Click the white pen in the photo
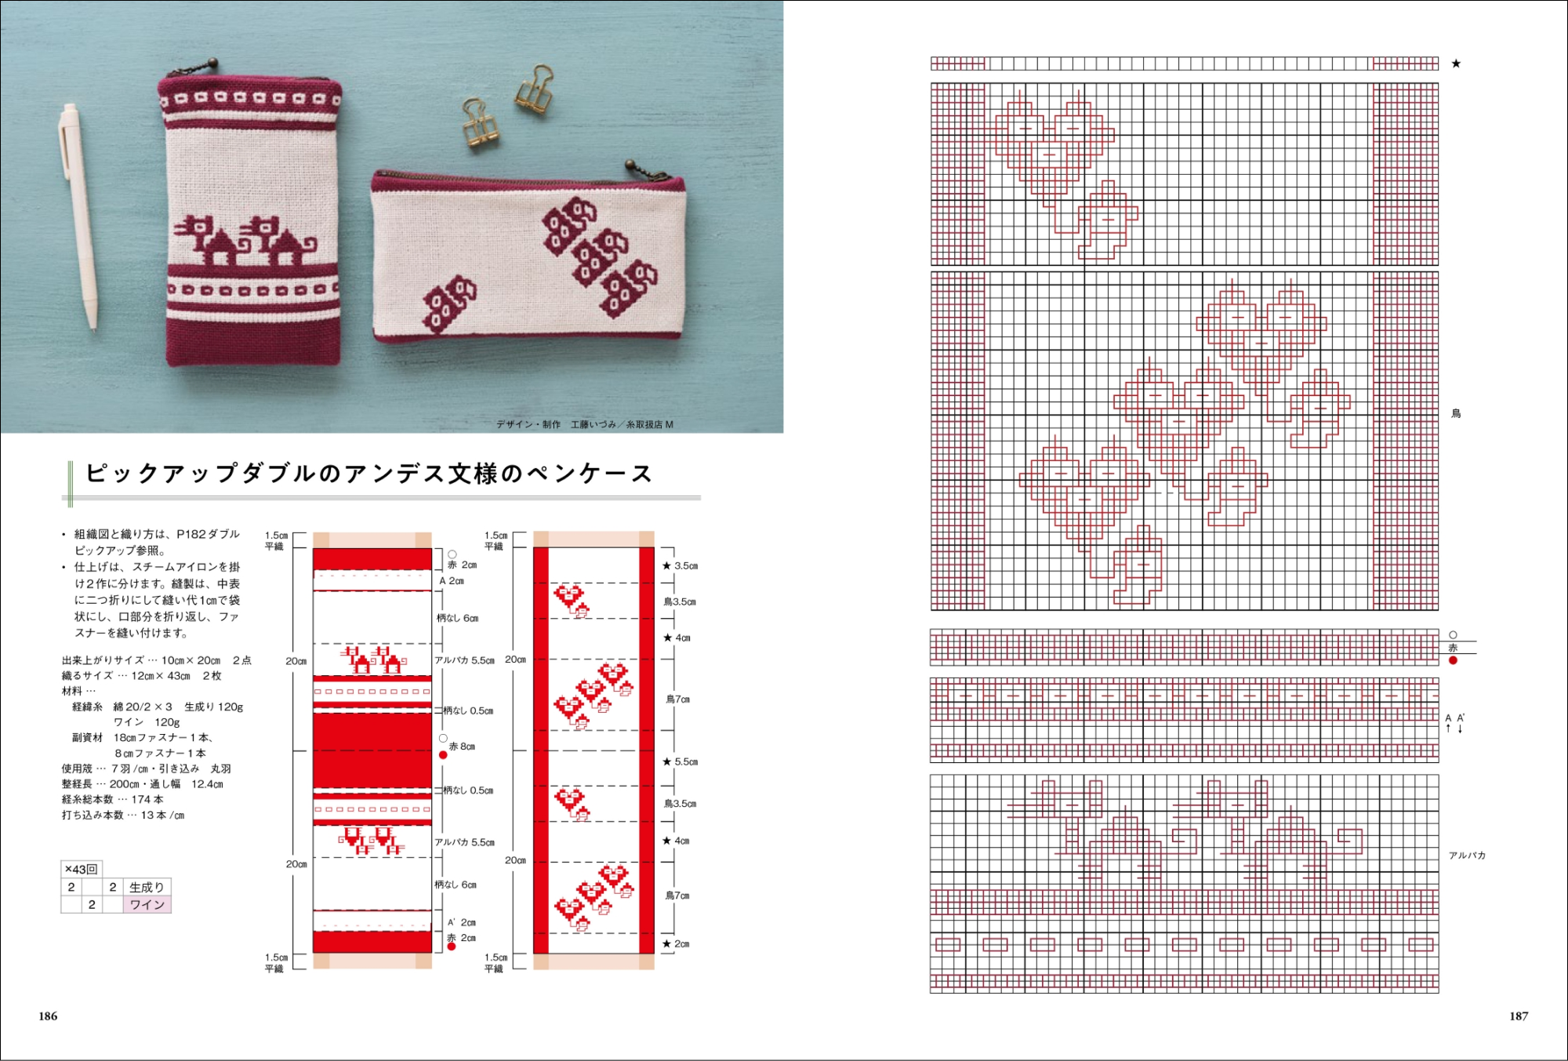pyautogui.click(x=78, y=216)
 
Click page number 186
pyautogui.click(x=48, y=1016)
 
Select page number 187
pyautogui.click(x=1519, y=1016)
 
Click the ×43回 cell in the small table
pyautogui.click(x=81, y=869)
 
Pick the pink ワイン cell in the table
pyautogui.click(x=147, y=905)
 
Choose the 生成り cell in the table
pyautogui.click(x=147, y=887)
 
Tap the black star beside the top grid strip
pyautogui.click(x=1456, y=64)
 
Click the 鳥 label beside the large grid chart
pyautogui.click(x=1456, y=413)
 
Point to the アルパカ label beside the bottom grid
pyautogui.click(x=1467, y=856)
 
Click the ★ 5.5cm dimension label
pyautogui.click(x=680, y=761)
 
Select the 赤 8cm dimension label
pyautogui.click(x=462, y=747)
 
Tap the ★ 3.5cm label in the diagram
pyautogui.click(x=680, y=565)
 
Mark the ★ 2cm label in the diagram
pyautogui.click(x=676, y=944)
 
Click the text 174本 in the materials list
pyautogui.click(x=147, y=800)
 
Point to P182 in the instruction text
pyautogui.click(x=191, y=534)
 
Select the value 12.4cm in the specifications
pyautogui.click(x=207, y=784)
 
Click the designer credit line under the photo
pyautogui.click(x=585, y=424)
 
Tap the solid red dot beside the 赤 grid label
pyautogui.click(x=1453, y=660)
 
